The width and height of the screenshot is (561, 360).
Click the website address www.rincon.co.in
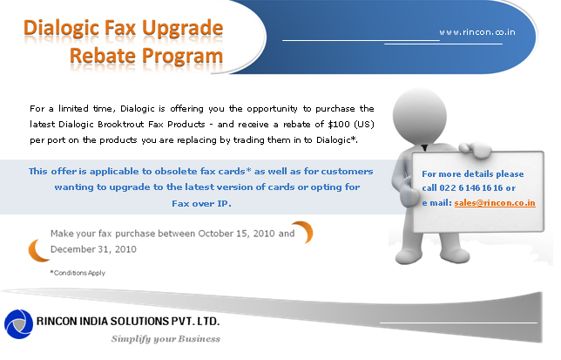[x=477, y=32]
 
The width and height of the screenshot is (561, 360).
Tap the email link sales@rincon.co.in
[x=495, y=203]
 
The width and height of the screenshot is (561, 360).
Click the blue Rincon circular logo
[x=18, y=324]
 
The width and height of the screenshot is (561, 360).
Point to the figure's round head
[x=420, y=116]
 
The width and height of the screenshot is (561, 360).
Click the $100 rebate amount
[x=339, y=124]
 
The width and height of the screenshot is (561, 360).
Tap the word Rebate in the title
[x=103, y=56]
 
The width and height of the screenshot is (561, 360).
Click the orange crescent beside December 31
[x=38, y=250]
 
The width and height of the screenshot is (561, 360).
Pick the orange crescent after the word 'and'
[x=304, y=232]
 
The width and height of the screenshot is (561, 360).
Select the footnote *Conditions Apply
[x=78, y=273]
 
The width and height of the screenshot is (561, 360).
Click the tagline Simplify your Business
[x=166, y=338]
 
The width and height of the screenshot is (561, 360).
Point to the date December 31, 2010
[x=93, y=249]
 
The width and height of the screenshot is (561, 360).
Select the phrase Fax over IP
[x=201, y=204]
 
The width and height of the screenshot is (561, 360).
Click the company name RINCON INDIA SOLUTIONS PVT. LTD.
[x=128, y=321]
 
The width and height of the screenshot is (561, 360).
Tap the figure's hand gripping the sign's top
[x=475, y=148]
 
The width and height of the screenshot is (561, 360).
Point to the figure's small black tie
[x=424, y=147]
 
